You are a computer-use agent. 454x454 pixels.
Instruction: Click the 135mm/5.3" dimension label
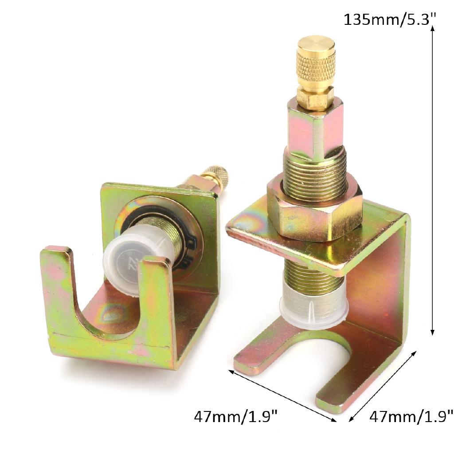pyautogui.click(x=390, y=20)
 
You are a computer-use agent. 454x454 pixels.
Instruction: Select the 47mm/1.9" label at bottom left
pyautogui.click(x=236, y=417)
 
